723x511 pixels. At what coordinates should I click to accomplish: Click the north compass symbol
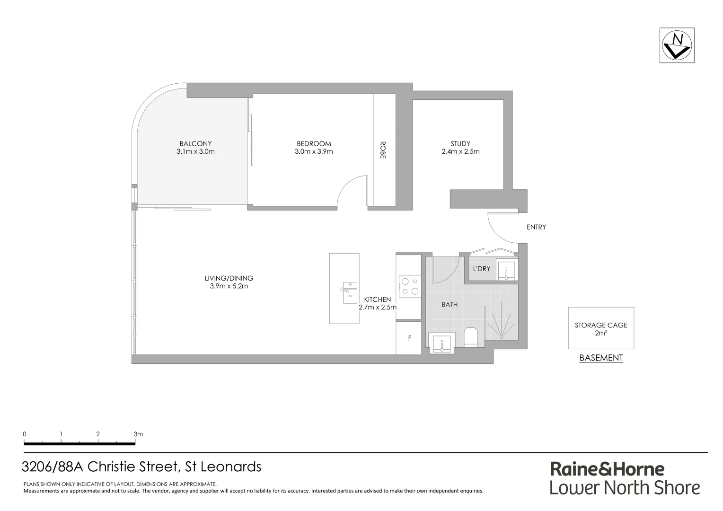point(678,45)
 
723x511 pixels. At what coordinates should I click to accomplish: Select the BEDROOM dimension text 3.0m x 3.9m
point(314,152)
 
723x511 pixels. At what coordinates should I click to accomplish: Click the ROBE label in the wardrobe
point(383,150)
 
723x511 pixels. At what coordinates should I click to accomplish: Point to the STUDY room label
point(460,143)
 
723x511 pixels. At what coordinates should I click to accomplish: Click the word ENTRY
point(536,227)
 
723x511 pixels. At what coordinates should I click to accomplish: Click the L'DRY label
point(482,269)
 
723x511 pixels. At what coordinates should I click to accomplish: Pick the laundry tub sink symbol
point(506,270)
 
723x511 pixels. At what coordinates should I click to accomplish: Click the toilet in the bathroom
point(471,337)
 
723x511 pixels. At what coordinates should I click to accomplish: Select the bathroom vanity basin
point(441,343)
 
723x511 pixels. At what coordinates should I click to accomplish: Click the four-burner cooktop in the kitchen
point(410,287)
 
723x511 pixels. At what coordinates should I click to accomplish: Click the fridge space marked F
point(409,338)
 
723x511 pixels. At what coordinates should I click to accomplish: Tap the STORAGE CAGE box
point(601,328)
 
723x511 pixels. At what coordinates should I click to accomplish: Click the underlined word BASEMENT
point(601,358)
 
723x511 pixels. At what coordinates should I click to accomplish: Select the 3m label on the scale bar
point(138,434)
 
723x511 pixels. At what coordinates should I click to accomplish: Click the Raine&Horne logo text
point(607,469)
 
